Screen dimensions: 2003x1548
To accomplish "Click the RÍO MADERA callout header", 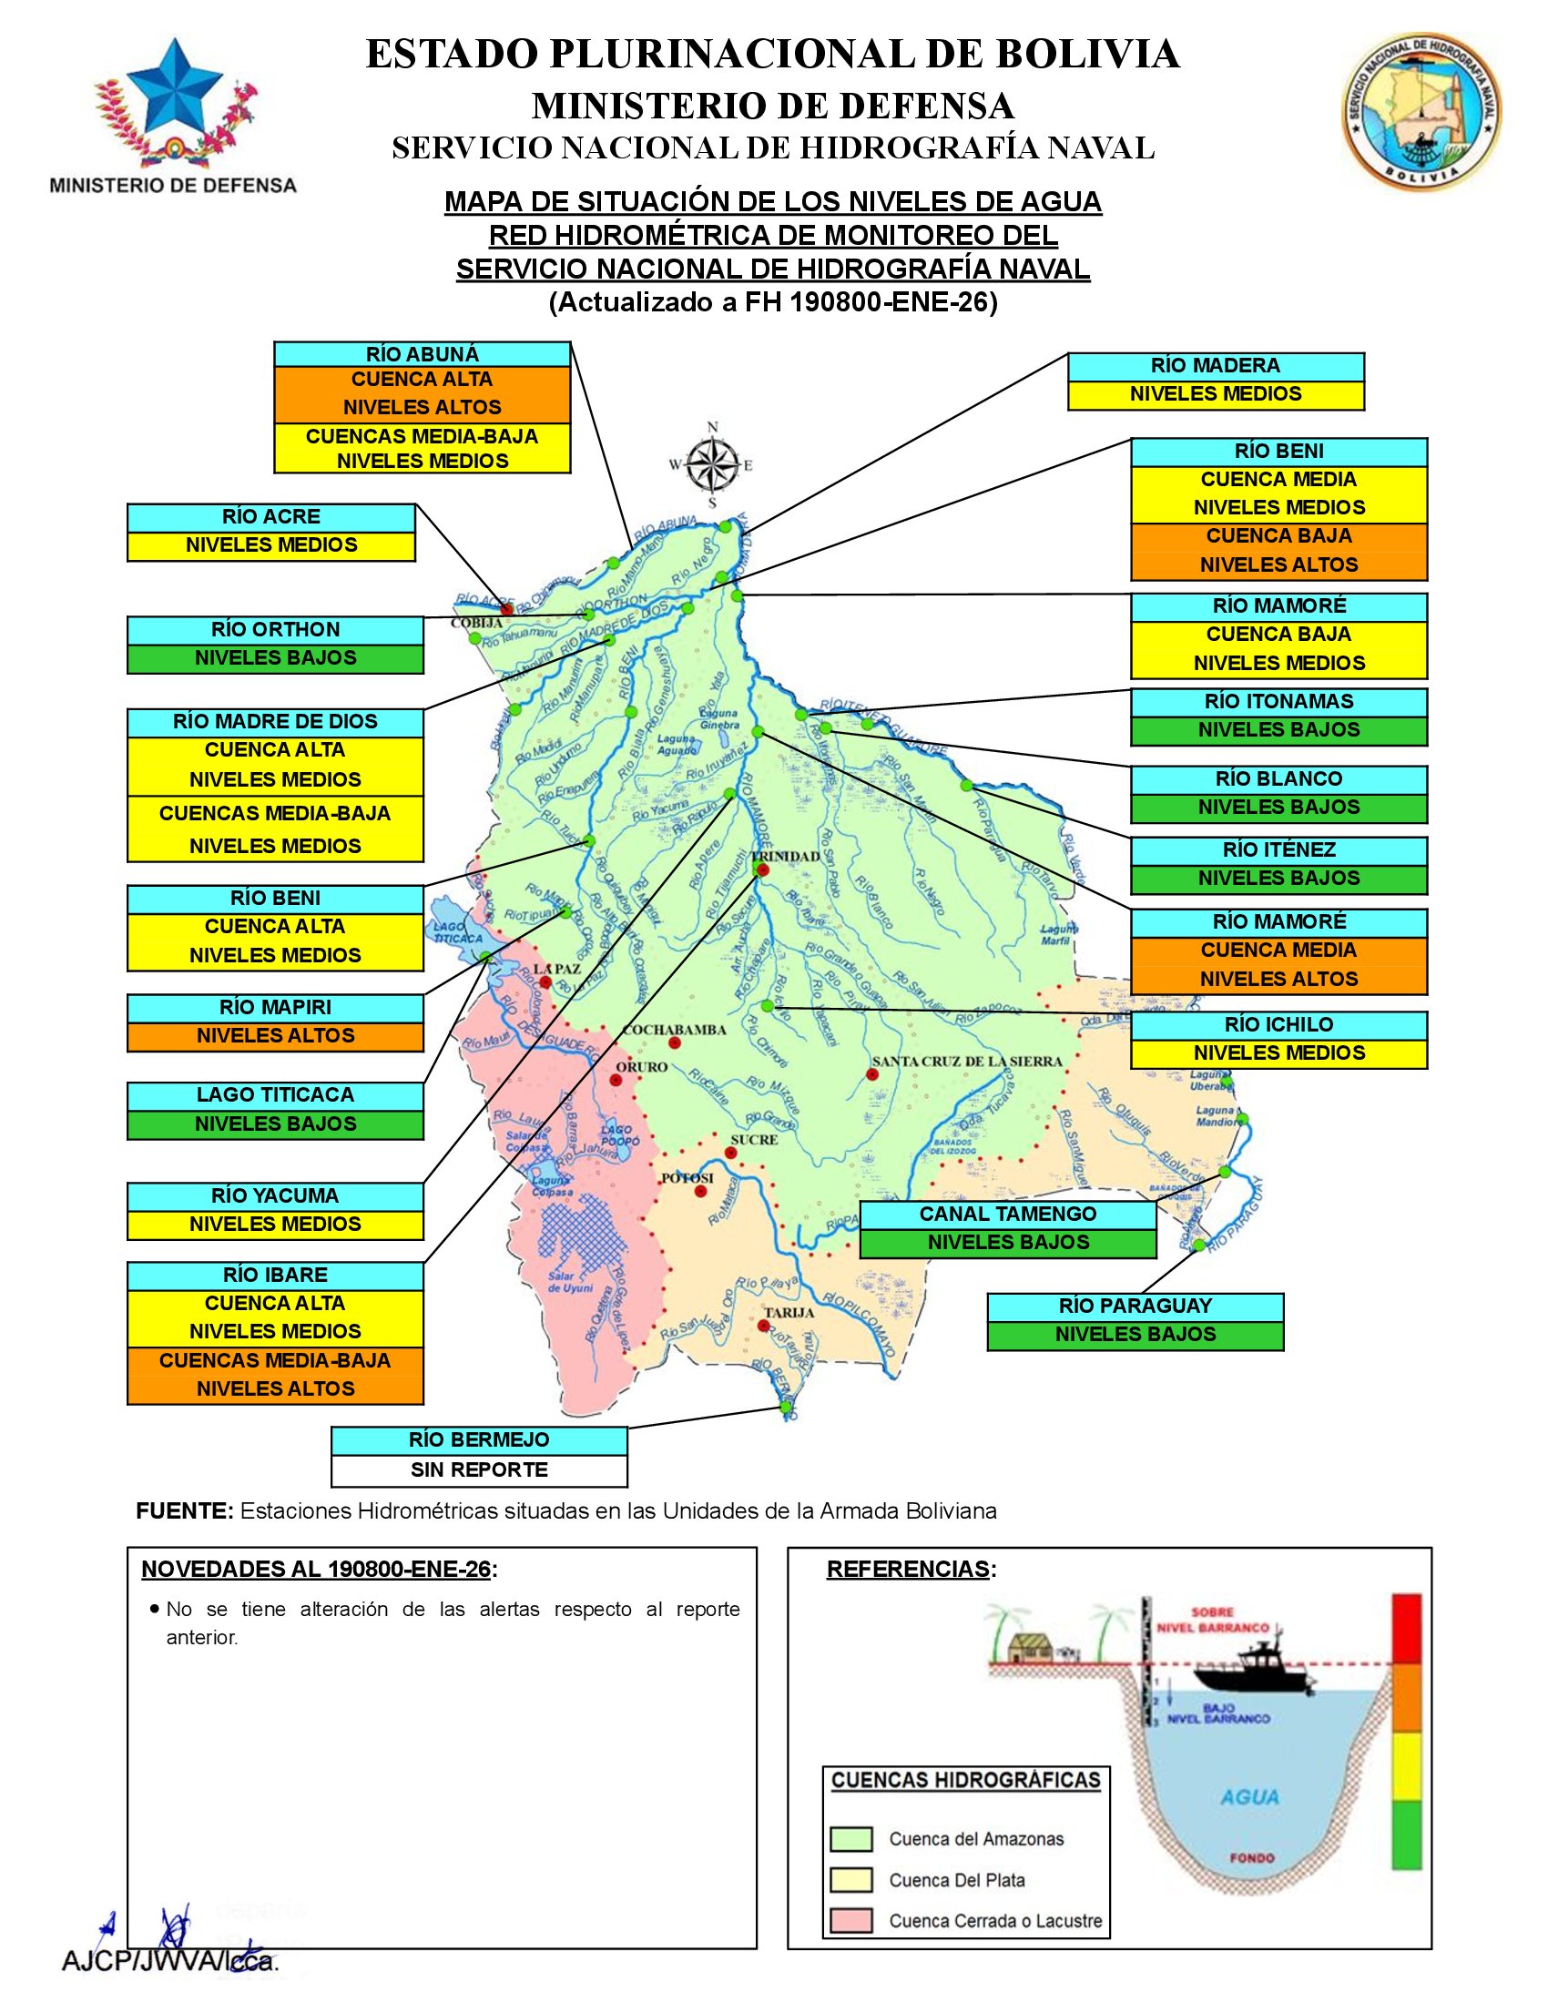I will click(1215, 366).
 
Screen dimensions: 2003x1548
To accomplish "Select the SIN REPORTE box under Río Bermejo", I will click(479, 1469).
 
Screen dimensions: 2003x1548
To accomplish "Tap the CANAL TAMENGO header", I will click(1008, 1215).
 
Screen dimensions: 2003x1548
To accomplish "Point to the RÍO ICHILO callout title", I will click(1278, 1024).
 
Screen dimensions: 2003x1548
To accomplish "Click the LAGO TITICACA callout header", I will click(275, 1095).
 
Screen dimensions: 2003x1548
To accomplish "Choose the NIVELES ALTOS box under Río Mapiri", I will click(275, 1036).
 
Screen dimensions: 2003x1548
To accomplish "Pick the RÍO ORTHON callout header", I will click(275, 630).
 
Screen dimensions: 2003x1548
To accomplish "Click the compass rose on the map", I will click(713, 465).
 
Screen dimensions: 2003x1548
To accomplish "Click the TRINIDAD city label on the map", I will click(791, 856).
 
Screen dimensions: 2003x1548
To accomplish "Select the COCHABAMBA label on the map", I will click(674, 1030).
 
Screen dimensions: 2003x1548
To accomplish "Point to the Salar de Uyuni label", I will click(570, 1281).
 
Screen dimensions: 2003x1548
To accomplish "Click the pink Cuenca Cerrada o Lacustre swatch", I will click(850, 1920).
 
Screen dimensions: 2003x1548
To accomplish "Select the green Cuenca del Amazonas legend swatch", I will click(850, 1839).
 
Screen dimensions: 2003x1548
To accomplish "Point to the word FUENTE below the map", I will click(184, 1511).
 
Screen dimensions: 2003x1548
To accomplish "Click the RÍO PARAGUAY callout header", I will click(1135, 1306).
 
